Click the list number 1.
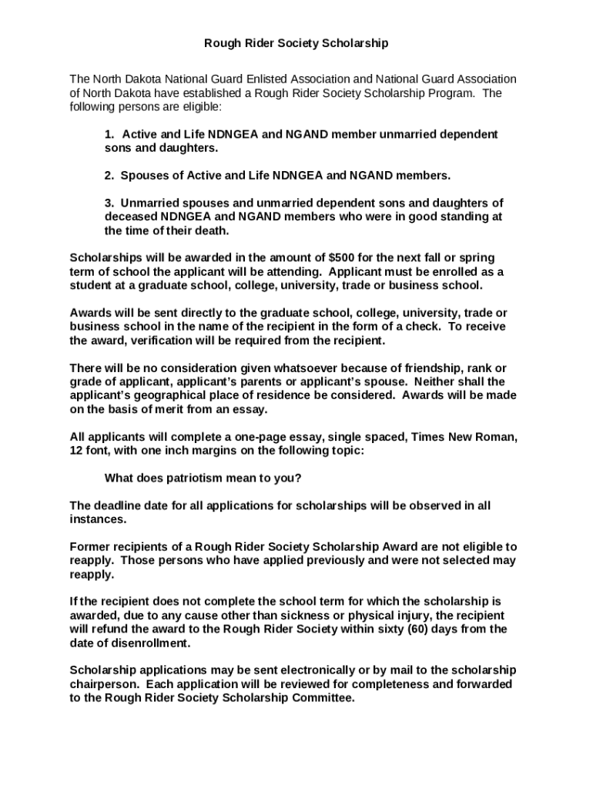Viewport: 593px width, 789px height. [x=109, y=134]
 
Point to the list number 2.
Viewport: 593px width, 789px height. [x=109, y=176]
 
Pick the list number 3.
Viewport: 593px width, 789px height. [x=109, y=203]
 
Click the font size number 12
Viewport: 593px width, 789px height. [x=77, y=450]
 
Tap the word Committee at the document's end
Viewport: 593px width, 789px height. [x=323, y=698]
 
